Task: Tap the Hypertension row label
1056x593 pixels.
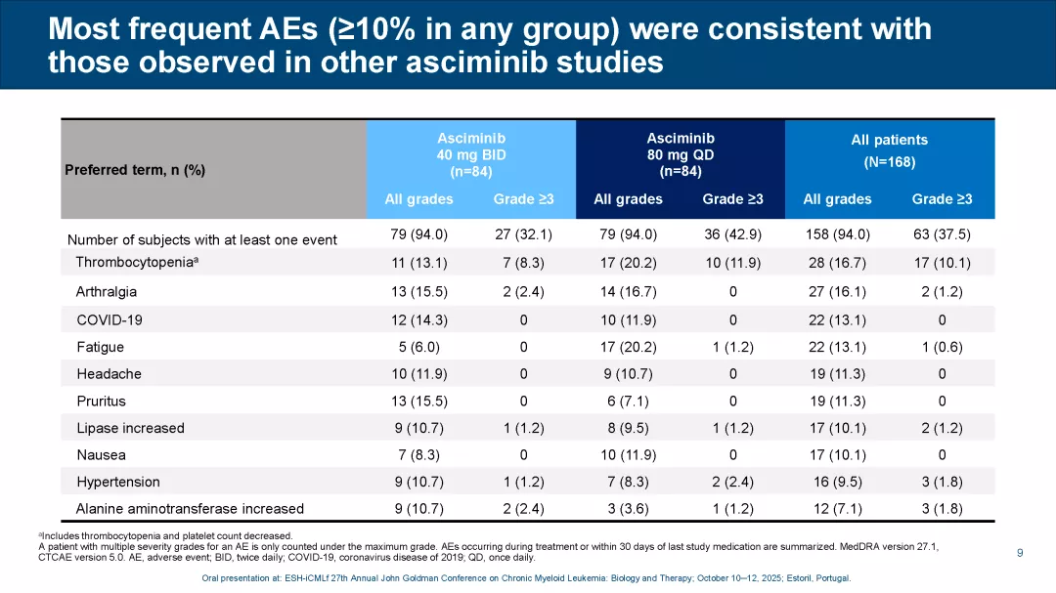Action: [118, 482]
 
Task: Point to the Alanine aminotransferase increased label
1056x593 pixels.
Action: [190, 508]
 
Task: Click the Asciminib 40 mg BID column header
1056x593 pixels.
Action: [471, 155]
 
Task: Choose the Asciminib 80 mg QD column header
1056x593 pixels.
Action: [681, 155]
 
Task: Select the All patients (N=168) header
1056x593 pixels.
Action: [889, 150]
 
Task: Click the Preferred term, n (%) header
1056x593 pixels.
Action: [135, 170]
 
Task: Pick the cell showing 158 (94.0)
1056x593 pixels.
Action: [837, 234]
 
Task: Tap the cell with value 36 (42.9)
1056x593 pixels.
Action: [732, 234]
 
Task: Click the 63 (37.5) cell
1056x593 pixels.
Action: [942, 234]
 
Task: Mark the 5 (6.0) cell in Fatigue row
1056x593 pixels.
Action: [418, 347]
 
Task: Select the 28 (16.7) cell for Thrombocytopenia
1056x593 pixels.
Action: [837, 263]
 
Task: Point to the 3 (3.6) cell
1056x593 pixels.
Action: [628, 508]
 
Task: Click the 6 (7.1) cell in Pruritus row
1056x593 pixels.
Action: [628, 401]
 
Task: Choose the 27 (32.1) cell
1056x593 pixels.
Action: [523, 234]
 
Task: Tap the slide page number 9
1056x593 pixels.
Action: [1020, 553]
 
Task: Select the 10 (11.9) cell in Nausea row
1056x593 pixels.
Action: [628, 454]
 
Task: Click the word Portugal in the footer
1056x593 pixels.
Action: [829, 578]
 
